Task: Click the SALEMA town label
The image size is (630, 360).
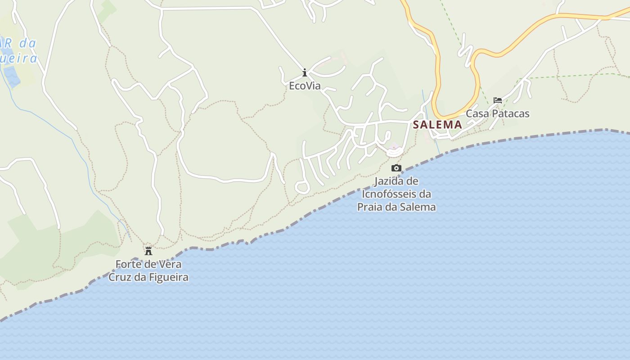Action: click(437, 125)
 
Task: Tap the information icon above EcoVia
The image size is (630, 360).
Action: click(305, 72)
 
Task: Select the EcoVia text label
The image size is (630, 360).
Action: click(305, 85)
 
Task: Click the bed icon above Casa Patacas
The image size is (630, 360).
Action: click(497, 100)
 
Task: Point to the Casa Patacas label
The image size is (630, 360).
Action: click(497, 113)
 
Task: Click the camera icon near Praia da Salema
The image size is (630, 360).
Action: click(396, 168)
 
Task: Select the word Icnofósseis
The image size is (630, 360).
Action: click(390, 194)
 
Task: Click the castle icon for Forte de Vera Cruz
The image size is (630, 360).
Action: click(148, 251)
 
